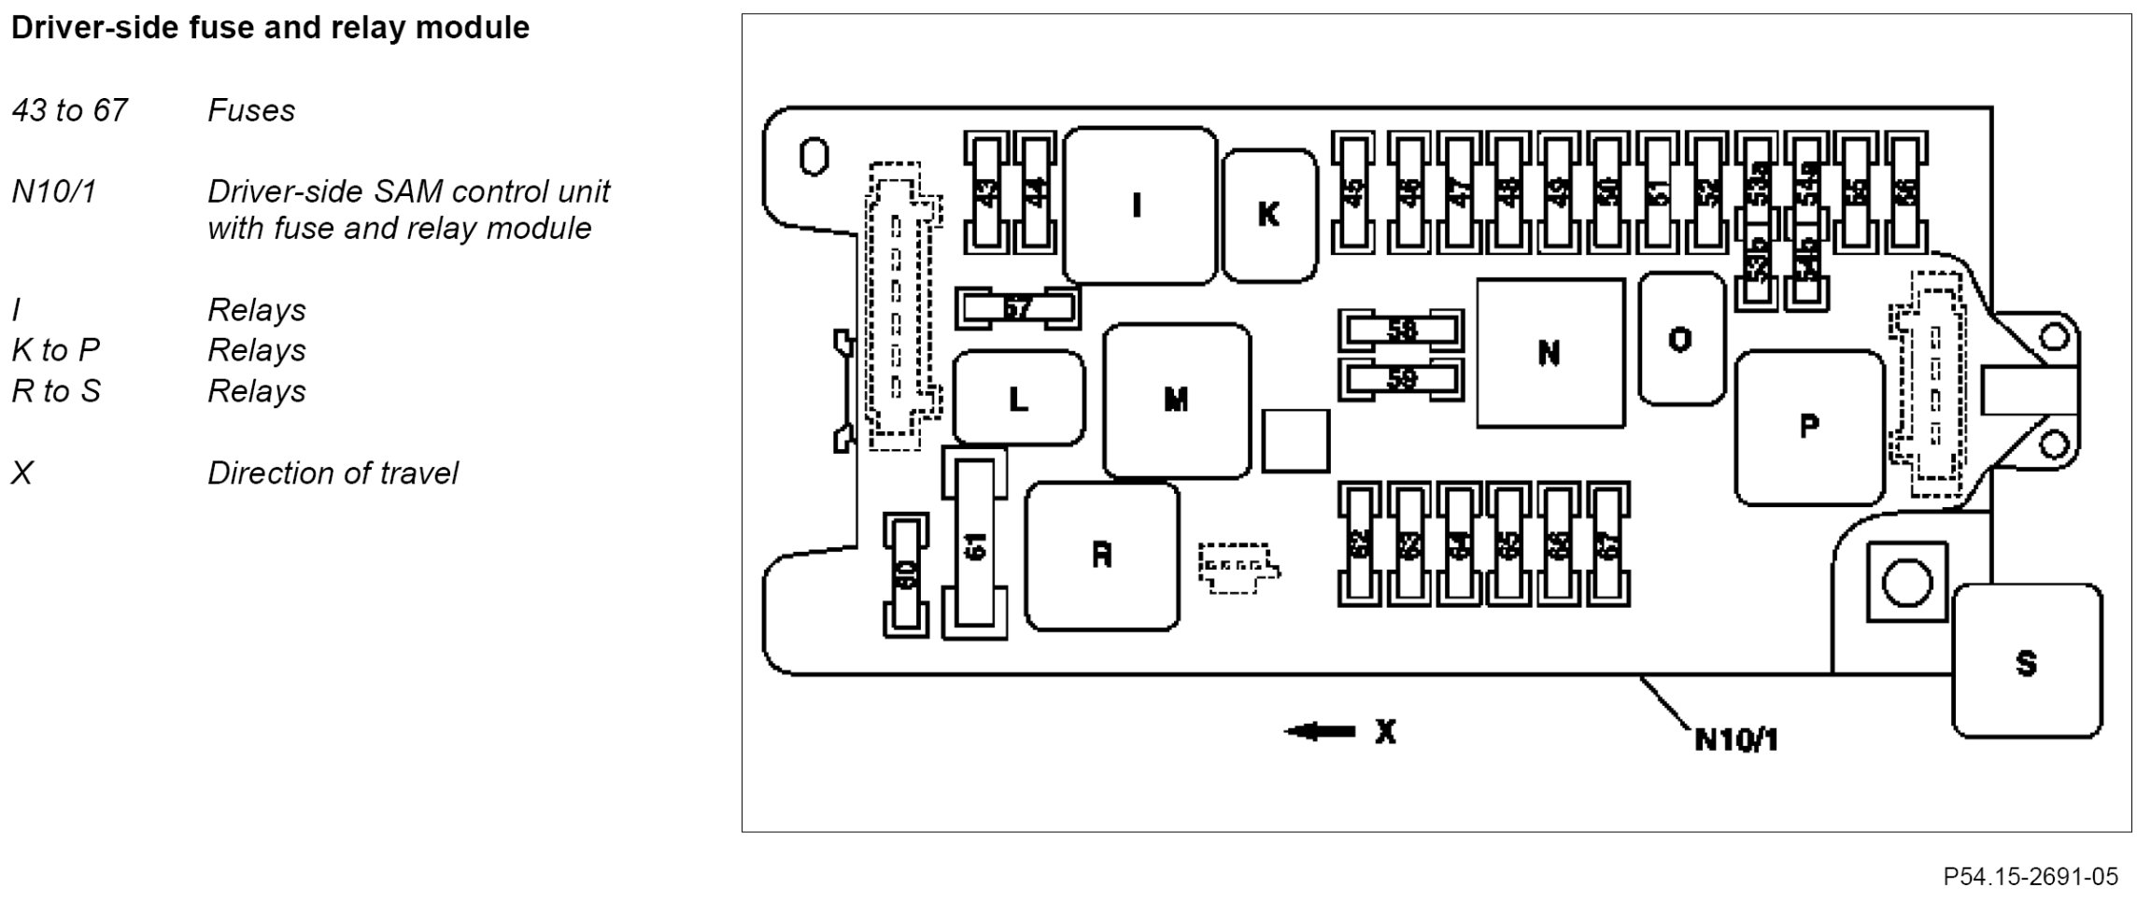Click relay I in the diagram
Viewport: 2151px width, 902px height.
coord(1139,205)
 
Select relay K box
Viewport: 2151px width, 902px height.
coord(1268,215)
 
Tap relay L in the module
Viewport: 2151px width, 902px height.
coord(1018,399)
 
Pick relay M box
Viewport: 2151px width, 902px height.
coord(1176,401)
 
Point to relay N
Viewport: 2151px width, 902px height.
coord(1550,353)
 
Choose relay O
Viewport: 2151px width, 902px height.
coord(1680,339)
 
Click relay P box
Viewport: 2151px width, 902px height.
coord(1808,427)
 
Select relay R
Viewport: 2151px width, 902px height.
coord(1102,556)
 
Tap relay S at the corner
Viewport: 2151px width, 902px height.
coord(2026,662)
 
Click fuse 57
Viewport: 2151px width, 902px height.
coord(1017,307)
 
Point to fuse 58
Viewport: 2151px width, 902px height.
coord(1401,331)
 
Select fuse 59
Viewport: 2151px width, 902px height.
coord(1401,379)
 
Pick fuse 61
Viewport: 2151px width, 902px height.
coord(974,545)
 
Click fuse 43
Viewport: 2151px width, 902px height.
coord(986,191)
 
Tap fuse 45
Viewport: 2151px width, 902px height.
coord(1353,192)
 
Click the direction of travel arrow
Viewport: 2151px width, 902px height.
coord(1320,732)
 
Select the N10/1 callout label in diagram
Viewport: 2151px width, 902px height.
coord(1736,740)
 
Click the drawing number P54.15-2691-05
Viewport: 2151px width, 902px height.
coord(2031,877)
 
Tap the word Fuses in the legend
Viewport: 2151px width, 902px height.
coord(251,111)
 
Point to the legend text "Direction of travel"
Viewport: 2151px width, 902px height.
coord(333,473)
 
